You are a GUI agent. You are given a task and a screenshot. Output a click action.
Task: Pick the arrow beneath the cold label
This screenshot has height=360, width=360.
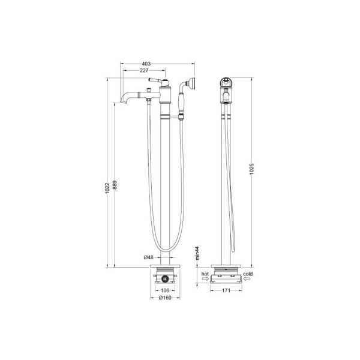pyautogui.click(x=248, y=278)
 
